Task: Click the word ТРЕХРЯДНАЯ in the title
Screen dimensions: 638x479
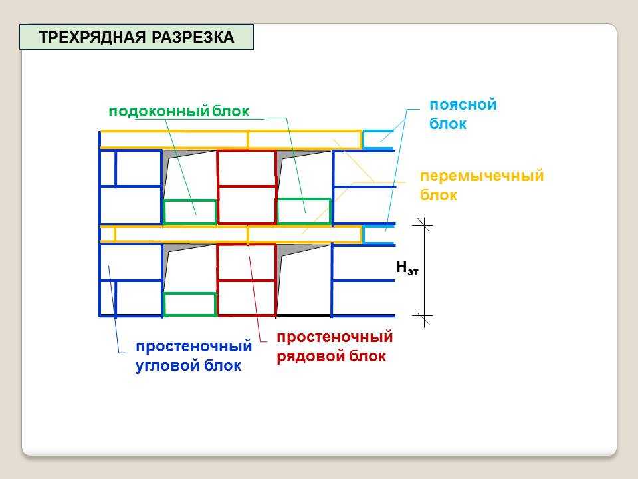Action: pyautogui.click(x=92, y=37)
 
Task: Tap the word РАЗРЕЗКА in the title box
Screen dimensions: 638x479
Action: pyautogui.click(x=193, y=37)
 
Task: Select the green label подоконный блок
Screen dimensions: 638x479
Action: pyautogui.click(x=179, y=112)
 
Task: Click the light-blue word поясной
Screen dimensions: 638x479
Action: pyautogui.click(x=463, y=105)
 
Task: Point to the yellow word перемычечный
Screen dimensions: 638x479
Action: pyautogui.click(x=482, y=176)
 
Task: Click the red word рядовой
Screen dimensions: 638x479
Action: pyautogui.click(x=310, y=356)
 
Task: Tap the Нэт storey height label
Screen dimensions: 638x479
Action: pyautogui.click(x=407, y=267)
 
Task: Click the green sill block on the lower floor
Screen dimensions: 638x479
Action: pyautogui.click(x=189, y=304)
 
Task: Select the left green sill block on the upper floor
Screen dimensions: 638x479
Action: pyautogui.click(x=189, y=212)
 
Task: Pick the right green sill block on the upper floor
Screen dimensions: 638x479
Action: pyautogui.click(x=304, y=211)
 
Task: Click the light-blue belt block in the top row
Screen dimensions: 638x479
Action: pyautogui.click(x=378, y=140)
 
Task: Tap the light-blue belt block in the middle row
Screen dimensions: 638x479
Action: pyautogui.click(x=378, y=235)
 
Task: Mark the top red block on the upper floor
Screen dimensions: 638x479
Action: pyautogui.click(x=247, y=168)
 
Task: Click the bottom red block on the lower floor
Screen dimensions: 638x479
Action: pyautogui.click(x=247, y=298)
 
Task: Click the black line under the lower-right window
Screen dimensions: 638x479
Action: pyautogui.click(x=304, y=315)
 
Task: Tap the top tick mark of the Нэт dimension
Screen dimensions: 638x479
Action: pyautogui.click(x=423, y=224)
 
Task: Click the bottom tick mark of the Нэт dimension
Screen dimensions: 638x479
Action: pyautogui.click(x=423, y=316)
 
